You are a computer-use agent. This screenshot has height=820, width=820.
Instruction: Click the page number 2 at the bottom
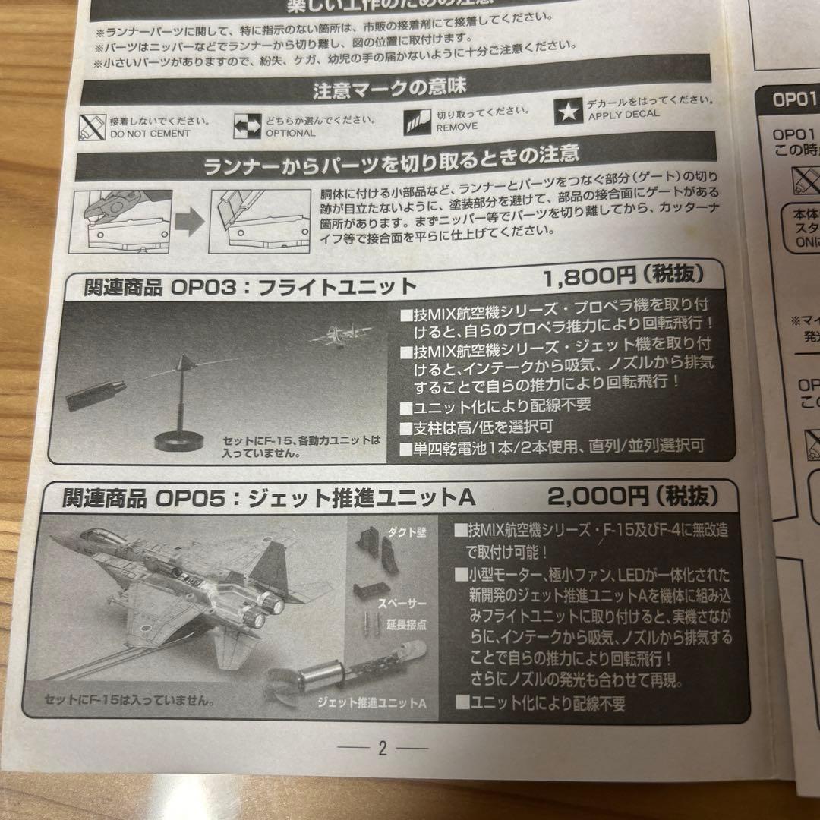click(x=383, y=749)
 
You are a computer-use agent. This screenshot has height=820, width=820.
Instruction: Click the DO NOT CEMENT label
click(x=151, y=134)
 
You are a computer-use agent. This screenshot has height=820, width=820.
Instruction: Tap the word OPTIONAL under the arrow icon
click(x=290, y=132)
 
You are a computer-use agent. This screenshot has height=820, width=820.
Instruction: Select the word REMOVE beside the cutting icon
click(x=456, y=127)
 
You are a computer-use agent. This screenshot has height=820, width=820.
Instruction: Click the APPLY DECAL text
click(x=623, y=115)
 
